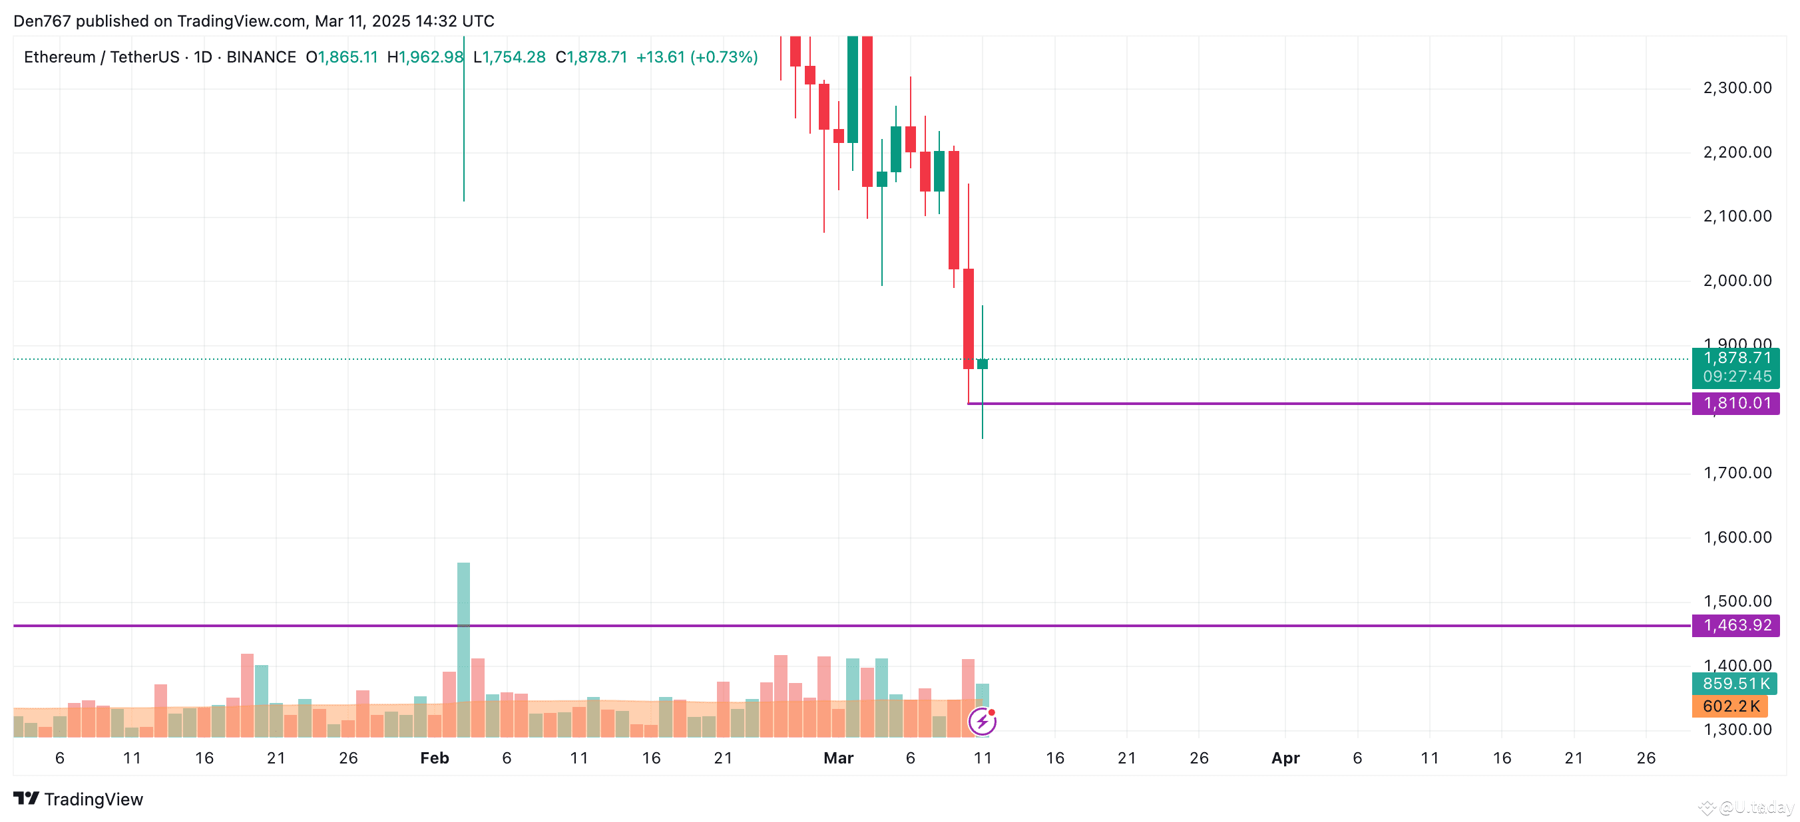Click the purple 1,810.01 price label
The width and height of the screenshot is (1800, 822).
[x=1735, y=404]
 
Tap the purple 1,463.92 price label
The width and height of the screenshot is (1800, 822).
[x=1735, y=625]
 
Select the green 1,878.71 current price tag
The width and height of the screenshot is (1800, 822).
[x=1735, y=359]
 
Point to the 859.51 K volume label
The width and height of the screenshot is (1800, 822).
[x=1734, y=684]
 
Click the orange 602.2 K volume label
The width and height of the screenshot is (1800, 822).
[x=1730, y=706]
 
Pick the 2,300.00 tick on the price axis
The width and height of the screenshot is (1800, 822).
[x=1737, y=88]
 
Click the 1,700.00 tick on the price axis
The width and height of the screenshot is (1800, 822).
[x=1737, y=473]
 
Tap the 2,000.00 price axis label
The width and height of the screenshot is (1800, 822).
[x=1737, y=281]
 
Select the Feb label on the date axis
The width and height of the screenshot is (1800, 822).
[x=434, y=757]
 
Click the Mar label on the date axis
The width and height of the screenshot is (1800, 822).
[x=838, y=757]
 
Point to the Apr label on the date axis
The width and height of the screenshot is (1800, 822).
[x=1285, y=757]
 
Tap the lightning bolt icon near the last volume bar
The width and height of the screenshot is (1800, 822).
[x=982, y=722]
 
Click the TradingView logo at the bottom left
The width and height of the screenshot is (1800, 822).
[x=79, y=799]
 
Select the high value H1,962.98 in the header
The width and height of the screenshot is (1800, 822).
[x=425, y=57]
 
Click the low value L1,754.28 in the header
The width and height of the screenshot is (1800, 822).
[x=509, y=57]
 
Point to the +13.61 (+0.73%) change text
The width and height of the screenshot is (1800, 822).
[x=697, y=57]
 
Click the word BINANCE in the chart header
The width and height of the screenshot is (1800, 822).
[x=262, y=57]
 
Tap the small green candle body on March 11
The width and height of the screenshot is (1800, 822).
[x=983, y=364]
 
